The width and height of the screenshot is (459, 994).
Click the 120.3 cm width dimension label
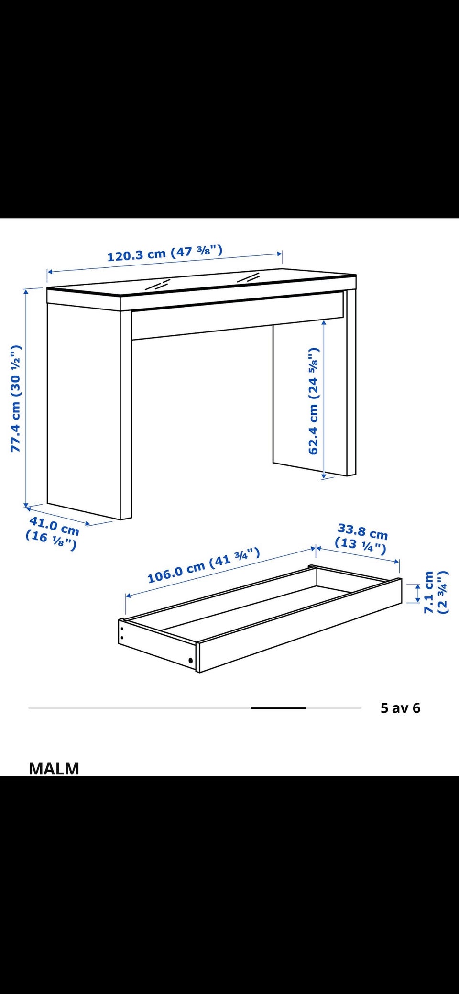[165, 253]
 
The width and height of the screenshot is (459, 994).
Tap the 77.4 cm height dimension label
[16, 398]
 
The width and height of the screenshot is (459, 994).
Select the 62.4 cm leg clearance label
[314, 401]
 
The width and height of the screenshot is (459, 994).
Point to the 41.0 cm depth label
[54, 526]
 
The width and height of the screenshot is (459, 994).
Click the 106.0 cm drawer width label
[204, 565]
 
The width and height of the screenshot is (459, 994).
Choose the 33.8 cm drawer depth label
[362, 531]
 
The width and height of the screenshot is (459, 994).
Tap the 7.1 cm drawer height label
[429, 592]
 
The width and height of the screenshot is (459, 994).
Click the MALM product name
[54, 768]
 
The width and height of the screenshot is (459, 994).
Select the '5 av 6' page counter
[400, 708]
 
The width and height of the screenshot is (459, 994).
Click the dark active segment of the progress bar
[278, 707]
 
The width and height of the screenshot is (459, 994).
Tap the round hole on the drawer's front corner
[191, 661]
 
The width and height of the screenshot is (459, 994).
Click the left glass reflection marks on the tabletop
[158, 285]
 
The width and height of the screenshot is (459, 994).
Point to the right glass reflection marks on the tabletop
[248, 277]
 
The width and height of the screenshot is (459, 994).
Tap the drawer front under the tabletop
[238, 316]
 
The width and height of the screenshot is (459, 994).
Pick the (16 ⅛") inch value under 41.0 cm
[51, 541]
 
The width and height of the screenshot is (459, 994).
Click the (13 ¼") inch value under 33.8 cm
[360, 546]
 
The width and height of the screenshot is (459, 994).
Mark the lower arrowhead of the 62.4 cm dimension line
[324, 475]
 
